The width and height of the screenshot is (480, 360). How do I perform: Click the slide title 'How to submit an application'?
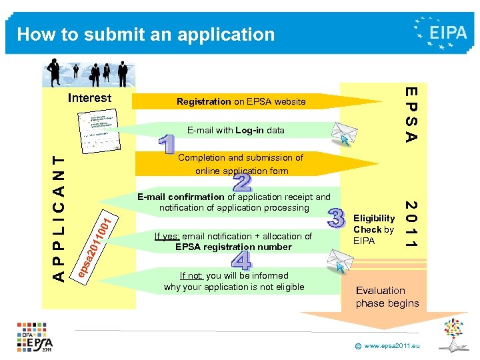pyautogui.click(x=145, y=34)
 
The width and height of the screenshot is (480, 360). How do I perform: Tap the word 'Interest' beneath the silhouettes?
pyautogui.click(x=90, y=99)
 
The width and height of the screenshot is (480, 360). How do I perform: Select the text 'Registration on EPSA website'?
pyautogui.click(x=241, y=102)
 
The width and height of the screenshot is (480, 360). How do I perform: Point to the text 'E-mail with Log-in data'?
pyautogui.click(x=235, y=130)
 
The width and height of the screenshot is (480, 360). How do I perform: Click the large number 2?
pyautogui.click(x=243, y=183)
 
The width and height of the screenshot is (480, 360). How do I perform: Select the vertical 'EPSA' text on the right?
pyautogui.click(x=412, y=114)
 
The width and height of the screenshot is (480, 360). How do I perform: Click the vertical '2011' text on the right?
pyautogui.click(x=412, y=225)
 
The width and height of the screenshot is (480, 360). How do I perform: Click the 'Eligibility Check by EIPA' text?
pyautogui.click(x=373, y=229)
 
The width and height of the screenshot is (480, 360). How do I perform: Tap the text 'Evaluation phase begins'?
pyautogui.click(x=387, y=297)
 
